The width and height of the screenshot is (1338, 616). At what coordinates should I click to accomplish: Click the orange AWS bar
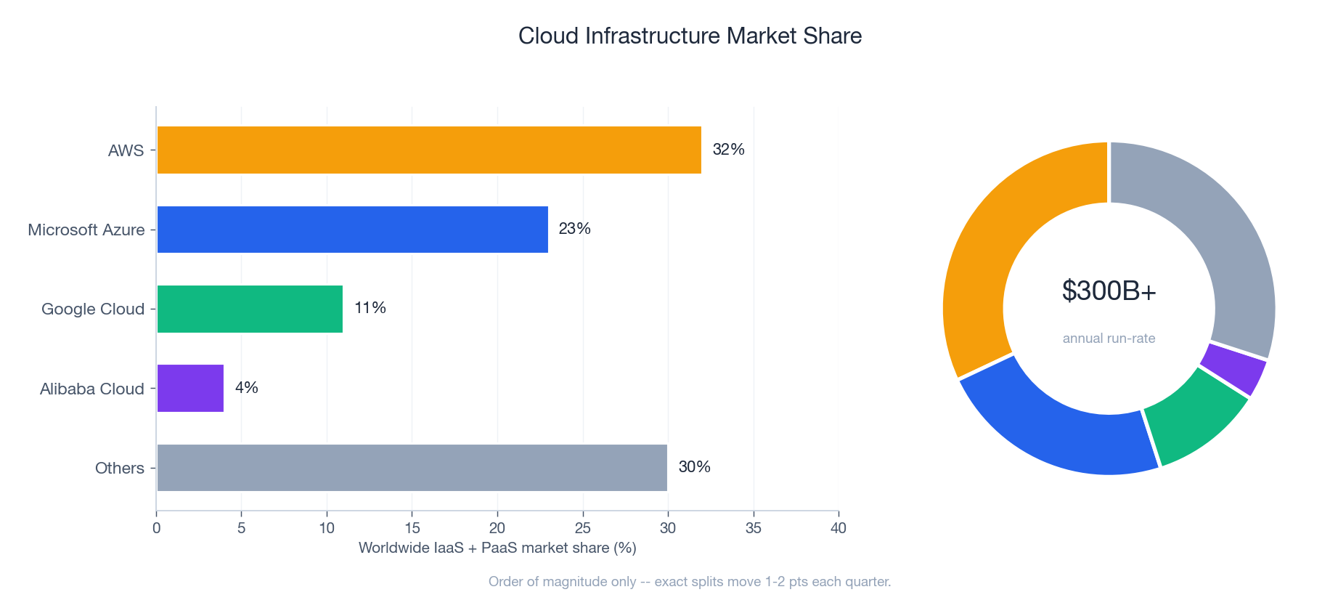pos(428,150)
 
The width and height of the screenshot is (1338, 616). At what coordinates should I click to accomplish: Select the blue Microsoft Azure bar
pos(352,230)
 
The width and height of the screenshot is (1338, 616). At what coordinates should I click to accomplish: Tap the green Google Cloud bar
pos(250,309)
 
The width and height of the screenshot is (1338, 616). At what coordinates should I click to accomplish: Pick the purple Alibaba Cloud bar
pos(190,388)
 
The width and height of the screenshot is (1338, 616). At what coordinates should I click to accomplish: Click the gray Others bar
pos(412,467)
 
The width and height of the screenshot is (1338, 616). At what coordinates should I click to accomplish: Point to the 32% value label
pos(728,150)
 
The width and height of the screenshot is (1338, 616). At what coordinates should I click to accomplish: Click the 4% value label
pos(246,388)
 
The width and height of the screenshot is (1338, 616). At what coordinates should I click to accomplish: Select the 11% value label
pos(370,308)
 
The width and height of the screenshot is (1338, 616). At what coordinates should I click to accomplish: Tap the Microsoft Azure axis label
pos(86,230)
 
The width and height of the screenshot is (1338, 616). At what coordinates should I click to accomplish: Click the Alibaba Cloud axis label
pos(91,389)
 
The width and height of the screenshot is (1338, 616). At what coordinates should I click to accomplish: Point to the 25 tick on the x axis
pos(582,528)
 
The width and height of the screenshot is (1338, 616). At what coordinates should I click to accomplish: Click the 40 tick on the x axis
pos(838,528)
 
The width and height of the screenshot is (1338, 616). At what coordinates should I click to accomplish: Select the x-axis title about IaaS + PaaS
pos(497,548)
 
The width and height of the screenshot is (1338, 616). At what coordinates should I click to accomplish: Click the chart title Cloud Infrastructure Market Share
pos(690,36)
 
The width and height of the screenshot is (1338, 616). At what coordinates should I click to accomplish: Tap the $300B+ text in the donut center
pos(1109,291)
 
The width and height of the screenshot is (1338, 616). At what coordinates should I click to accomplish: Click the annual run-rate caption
pos(1109,339)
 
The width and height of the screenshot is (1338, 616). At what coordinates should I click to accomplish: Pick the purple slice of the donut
pos(1233,369)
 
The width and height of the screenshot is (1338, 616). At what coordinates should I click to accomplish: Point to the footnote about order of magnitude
pos(689,582)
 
